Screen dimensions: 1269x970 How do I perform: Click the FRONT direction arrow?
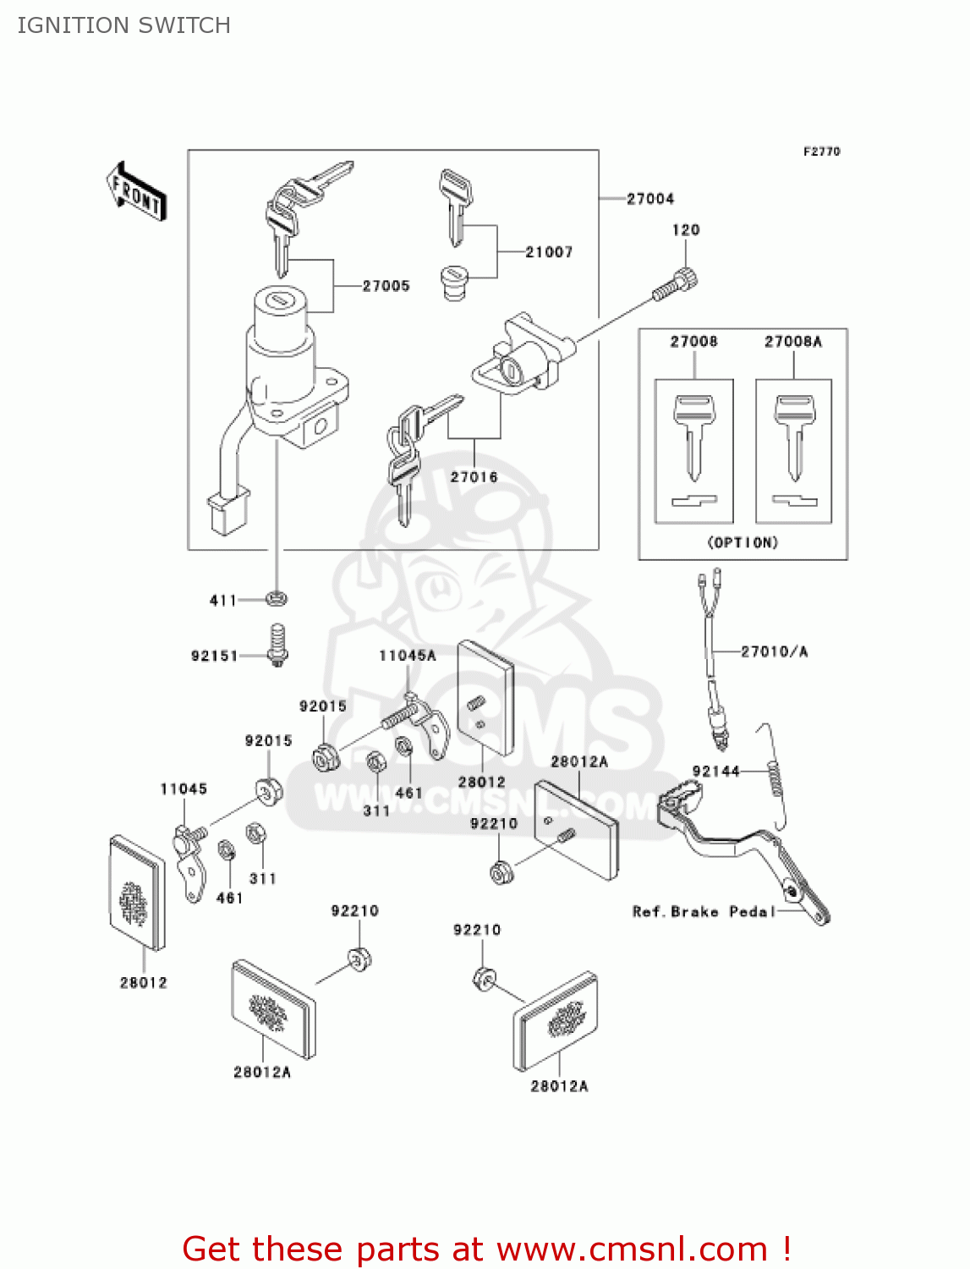[136, 191]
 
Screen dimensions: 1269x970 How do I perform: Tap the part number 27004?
[650, 199]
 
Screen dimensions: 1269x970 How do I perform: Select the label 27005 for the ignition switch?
[386, 286]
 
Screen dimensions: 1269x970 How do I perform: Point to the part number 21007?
[549, 252]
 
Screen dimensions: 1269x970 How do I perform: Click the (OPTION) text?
[742, 542]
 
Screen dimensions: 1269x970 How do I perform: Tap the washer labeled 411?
[276, 599]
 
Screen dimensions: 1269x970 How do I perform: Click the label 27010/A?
[774, 651]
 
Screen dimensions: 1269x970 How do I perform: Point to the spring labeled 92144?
[774, 778]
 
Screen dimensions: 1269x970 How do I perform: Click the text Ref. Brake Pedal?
[704, 911]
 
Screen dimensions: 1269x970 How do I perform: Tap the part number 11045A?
[407, 656]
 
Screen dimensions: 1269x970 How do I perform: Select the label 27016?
[474, 477]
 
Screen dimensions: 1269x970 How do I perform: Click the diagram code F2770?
[821, 151]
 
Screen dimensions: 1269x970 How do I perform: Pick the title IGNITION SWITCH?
[123, 25]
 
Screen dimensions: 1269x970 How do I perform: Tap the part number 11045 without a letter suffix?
[184, 789]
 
